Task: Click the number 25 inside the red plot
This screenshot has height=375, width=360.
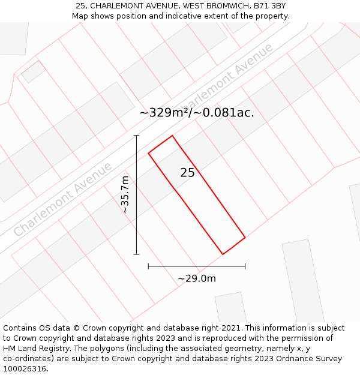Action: [x=187, y=173]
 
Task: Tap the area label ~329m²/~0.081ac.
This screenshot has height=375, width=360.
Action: [x=197, y=112]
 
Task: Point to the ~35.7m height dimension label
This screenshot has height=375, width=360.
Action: [x=125, y=195]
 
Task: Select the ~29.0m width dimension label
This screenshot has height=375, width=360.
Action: [x=197, y=278]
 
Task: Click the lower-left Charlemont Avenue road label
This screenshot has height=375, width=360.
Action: [x=63, y=199]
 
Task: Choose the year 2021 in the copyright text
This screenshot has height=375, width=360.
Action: [x=229, y=328]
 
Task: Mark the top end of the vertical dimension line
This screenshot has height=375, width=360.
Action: [x=137, y=136]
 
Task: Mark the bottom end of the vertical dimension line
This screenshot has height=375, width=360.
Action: [x=137, y=254]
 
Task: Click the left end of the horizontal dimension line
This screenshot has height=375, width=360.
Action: [x=148, y=266]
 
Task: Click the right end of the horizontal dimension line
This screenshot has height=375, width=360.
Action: [x=245, y=266]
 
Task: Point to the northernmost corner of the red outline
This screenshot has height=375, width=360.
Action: [x=172, y=136]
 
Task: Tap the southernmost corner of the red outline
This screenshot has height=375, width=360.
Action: [x=223, y=254]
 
